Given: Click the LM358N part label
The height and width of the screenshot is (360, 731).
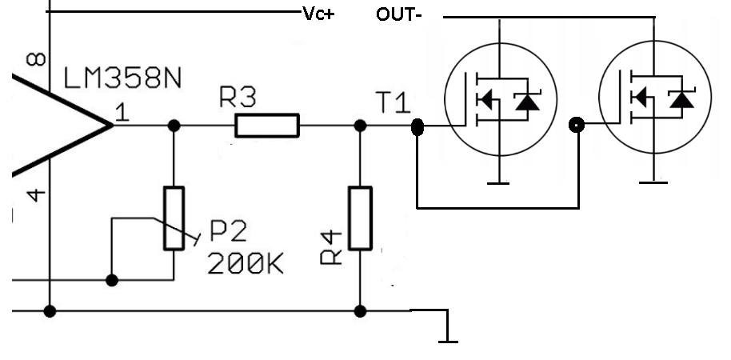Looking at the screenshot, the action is point(122,78).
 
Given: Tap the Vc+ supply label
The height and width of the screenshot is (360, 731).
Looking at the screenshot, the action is point(318,14).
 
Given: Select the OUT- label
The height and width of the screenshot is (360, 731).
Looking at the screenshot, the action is point(399,15).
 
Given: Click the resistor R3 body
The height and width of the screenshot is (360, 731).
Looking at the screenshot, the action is point(267,126).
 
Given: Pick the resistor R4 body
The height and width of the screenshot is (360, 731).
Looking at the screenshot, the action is point(361,218).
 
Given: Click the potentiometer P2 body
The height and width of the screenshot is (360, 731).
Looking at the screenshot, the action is point(174,218).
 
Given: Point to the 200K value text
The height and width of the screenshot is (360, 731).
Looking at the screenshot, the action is point(246,265).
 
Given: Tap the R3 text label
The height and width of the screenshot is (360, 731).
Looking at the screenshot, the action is point(238,98).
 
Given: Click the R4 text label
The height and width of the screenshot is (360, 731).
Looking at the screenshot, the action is point(331,248).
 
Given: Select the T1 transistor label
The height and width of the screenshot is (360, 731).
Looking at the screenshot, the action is point(393,103).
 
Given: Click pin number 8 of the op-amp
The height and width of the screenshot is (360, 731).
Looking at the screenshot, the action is point(36,59).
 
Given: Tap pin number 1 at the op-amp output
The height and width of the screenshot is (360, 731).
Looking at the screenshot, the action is point(122,114).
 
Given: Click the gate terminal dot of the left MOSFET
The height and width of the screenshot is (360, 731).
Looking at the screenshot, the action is point(417,127).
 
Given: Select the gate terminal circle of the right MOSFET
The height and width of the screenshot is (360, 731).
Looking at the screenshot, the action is point(577,125).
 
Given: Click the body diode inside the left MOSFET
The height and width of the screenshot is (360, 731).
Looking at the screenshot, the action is point(528,101).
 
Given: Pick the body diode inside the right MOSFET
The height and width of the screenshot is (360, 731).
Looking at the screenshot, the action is point(681,99).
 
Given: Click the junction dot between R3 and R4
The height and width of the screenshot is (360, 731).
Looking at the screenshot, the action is point(360,126).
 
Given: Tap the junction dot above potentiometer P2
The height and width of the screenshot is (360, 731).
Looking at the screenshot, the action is point(174,126).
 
